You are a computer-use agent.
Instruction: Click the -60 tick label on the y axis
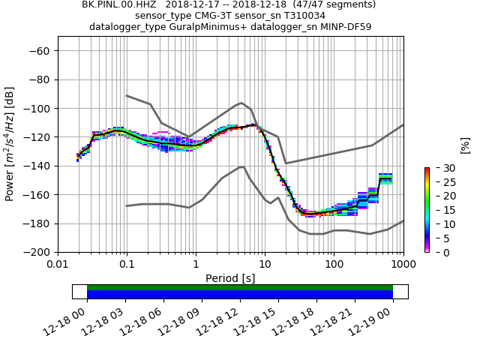(x=42, y=51)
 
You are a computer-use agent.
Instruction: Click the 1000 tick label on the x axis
(x=403, y=265)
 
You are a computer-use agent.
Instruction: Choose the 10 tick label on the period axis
(x=265, y=265)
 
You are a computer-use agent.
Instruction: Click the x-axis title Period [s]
(x=230, y=278)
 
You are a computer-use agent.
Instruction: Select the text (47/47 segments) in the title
(x=329, y=4)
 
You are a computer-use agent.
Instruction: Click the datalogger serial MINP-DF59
(x=334, y=27)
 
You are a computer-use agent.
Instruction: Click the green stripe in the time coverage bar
(x=240, y=287)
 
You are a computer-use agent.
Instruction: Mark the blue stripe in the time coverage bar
(x=240, y=295)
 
